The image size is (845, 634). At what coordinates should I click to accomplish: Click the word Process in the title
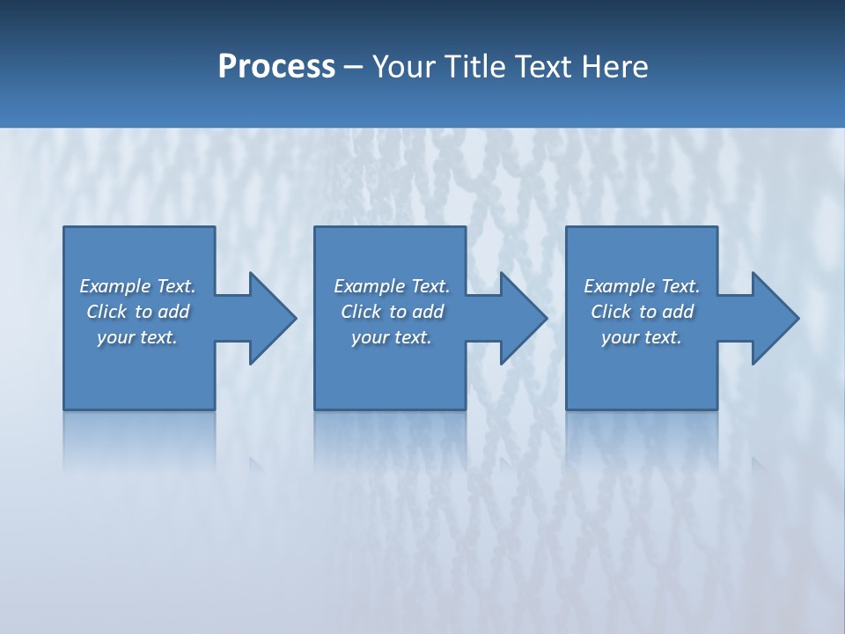(x=276, y=66)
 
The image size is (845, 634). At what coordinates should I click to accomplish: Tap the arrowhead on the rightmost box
(x=774, y=318)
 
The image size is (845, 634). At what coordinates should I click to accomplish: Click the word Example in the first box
(x=114, y=286)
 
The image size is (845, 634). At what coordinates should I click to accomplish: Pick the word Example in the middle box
(x=369, y=286)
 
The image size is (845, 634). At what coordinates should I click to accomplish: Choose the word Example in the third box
(x=619, y=286)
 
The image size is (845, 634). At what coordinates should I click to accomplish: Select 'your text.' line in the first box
(x=137, y=337)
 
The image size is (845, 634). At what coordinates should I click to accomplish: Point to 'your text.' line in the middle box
(x=391, y=337)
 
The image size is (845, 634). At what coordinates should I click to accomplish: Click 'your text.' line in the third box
(x=642, y=337)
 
